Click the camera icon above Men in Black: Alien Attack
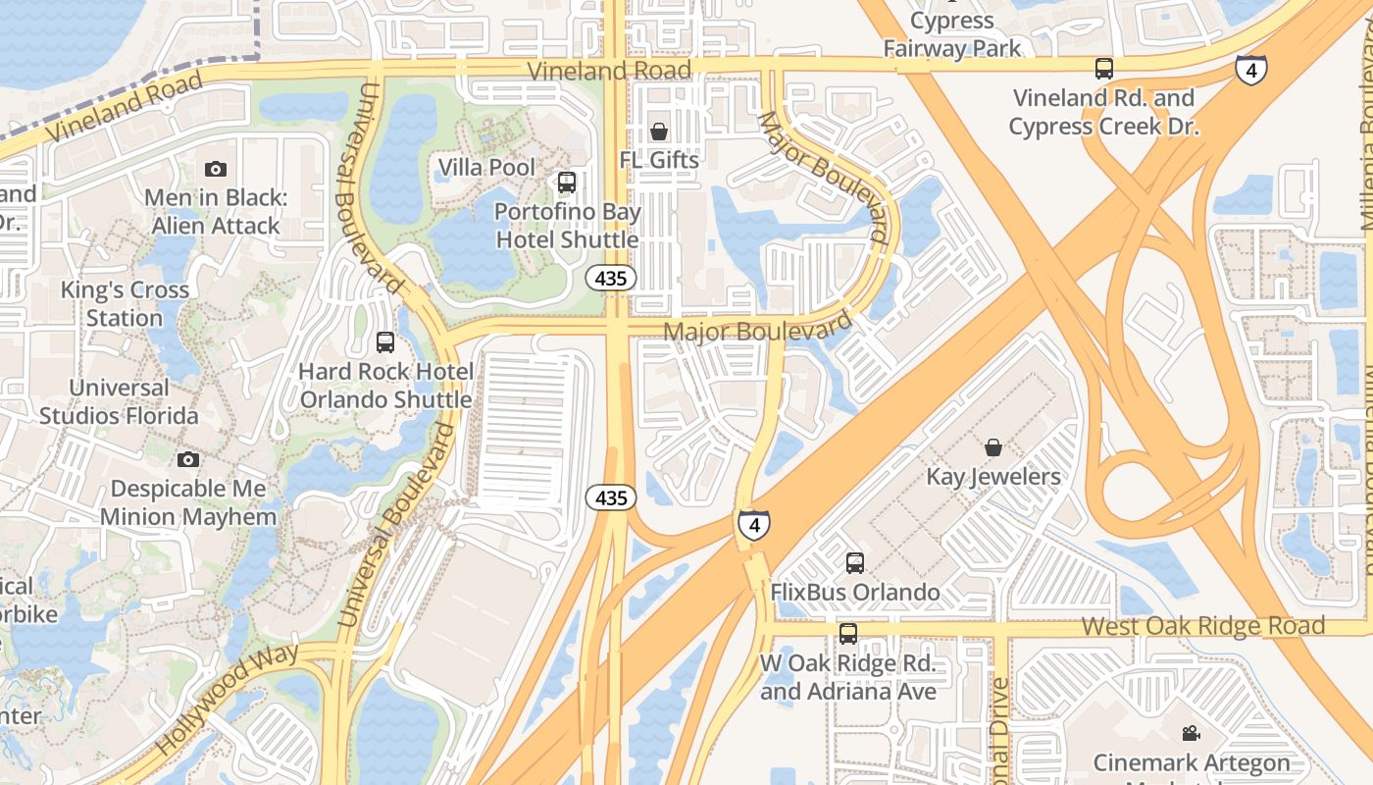[216, 169]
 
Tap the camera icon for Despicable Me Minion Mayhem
[188, 459]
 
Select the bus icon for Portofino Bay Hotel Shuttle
[566, 182]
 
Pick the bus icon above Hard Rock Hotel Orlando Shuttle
[385, 342]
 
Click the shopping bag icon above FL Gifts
[659, 131]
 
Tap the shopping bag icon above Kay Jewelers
[993, 447]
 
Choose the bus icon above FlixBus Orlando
[855, 563]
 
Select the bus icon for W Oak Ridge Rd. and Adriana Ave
[847, 633]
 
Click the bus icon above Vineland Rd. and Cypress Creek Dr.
[1104, 69]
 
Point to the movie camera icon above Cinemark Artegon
[1191, 733]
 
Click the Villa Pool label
[487, 168]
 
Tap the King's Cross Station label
[125, 304]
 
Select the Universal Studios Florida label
[119, 401]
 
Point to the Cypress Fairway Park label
[952, 34]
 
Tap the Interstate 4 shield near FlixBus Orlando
[753, 525]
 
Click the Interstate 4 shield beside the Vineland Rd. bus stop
[1250, 69]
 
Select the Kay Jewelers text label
[993, 477]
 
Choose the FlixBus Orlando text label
[855, 593]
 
